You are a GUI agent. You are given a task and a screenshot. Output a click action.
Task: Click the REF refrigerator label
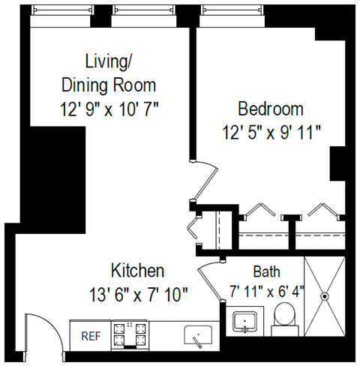89,336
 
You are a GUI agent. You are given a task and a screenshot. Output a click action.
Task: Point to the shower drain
325,295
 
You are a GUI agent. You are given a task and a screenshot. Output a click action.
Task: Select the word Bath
266,271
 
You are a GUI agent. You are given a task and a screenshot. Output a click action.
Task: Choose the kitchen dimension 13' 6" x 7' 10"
139,293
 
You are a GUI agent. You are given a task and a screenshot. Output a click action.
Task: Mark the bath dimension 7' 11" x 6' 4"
266,289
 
